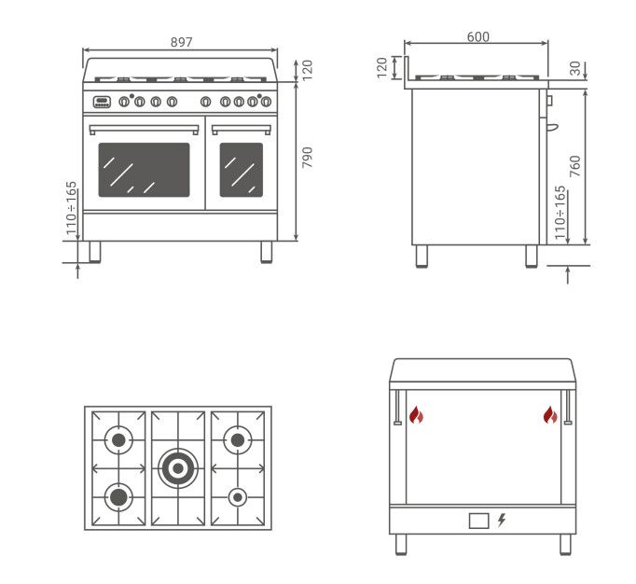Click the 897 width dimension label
(181, 42)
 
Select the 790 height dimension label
(308, 158)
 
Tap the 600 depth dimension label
(478, 37)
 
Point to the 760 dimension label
(574, 166)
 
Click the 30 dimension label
(575, 68)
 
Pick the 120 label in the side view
(382, 68)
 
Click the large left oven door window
(144, 170)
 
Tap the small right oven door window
(242, 170)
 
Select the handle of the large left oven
(144, 130)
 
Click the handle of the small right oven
(242, 130)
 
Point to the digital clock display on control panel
(102, 102)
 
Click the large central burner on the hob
(178, 468)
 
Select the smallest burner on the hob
(238, 497)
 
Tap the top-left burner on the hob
(118, 440)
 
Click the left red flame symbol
(416, 415)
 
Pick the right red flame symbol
(550, 415)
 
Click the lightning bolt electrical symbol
(502, 520)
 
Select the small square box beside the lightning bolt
(479, 521)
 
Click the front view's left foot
(95, 252)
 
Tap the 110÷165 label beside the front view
(72, 208)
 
